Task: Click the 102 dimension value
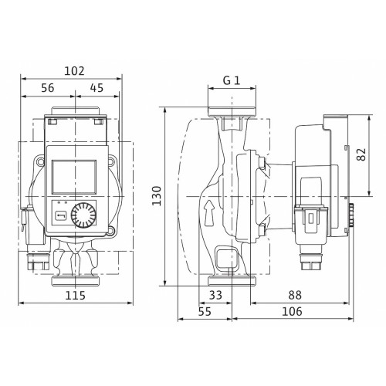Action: coord(74,71)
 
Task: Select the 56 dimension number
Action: coord(48,88)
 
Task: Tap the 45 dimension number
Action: coord(96,88)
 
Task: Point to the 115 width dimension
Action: coord(75,296)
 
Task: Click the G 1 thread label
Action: coord(232,80)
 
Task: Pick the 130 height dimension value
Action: coord(157,196)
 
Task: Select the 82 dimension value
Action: coord(361,154)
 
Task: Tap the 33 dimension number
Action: coord(215,295)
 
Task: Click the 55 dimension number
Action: coord(205,311)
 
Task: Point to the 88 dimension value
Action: coord(295,295)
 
